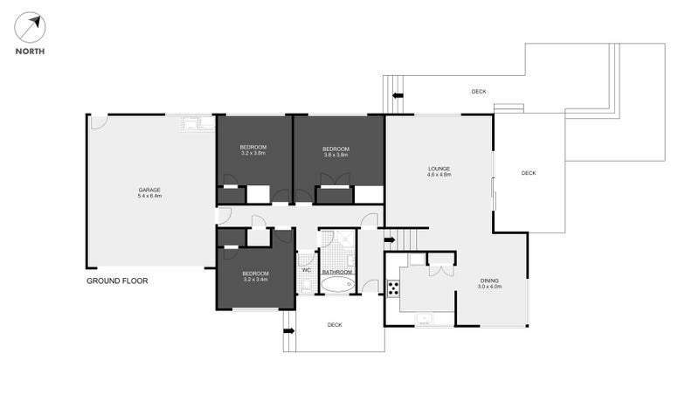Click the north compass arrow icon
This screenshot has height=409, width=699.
pos(30,27)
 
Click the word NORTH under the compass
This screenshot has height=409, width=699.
pos(30,51)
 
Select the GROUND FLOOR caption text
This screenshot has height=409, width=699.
pos(117,281)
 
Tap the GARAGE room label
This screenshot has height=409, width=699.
pos(149,190)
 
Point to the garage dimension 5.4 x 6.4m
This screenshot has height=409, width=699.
pos(149,197)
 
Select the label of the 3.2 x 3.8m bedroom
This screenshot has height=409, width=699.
pos(253,147)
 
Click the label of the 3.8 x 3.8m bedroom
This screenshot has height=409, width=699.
pos(336,147)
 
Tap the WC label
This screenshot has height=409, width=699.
pos(306,271)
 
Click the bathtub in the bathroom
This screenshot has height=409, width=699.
pos(337,284)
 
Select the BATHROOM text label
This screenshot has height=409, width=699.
pos(337,272)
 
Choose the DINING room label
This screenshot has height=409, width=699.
pos(489,281)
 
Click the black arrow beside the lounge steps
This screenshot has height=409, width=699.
pos(389,238)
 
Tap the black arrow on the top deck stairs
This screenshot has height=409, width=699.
pos(398,95)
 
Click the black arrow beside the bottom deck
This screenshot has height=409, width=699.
pos(287,330)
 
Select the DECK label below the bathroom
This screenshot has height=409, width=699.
pos(335,324)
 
